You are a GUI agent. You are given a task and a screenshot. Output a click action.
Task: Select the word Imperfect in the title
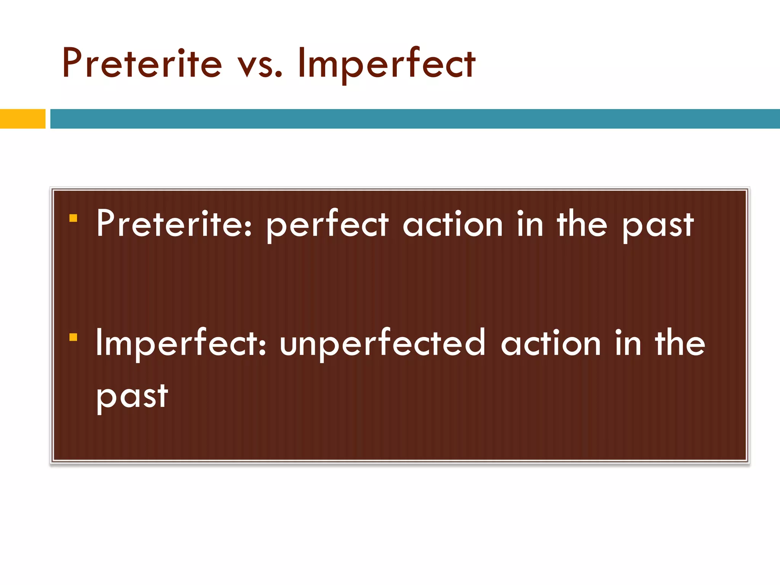(x=386, y=64)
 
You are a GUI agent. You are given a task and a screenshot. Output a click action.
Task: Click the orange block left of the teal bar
(x=22, y=119)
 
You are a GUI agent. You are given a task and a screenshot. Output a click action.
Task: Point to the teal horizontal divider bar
(x=415, y=119)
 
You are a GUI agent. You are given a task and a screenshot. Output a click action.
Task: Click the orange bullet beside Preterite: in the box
(x=74, y=218)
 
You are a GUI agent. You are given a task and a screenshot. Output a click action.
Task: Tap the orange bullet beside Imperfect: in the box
(x=74, y=337)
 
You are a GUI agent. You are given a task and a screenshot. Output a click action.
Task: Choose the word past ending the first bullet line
(x=658, y=226)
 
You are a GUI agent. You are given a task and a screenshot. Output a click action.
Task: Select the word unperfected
(x=382, y=344)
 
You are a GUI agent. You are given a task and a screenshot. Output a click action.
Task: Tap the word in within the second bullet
(x=628, y=343)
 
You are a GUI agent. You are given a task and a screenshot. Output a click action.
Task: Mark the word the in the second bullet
(x=680, y=343)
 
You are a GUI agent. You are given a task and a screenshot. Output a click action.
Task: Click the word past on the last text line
(x=132, y=397)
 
